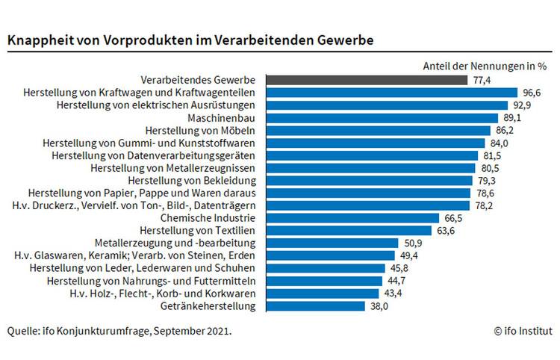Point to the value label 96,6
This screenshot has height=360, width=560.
pos(532,92)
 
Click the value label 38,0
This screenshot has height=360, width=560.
pos(379,306)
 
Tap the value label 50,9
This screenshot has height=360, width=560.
pos(412,243)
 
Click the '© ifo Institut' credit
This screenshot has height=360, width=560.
pos(523,330)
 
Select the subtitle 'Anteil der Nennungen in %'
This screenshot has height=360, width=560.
pos(486,65)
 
